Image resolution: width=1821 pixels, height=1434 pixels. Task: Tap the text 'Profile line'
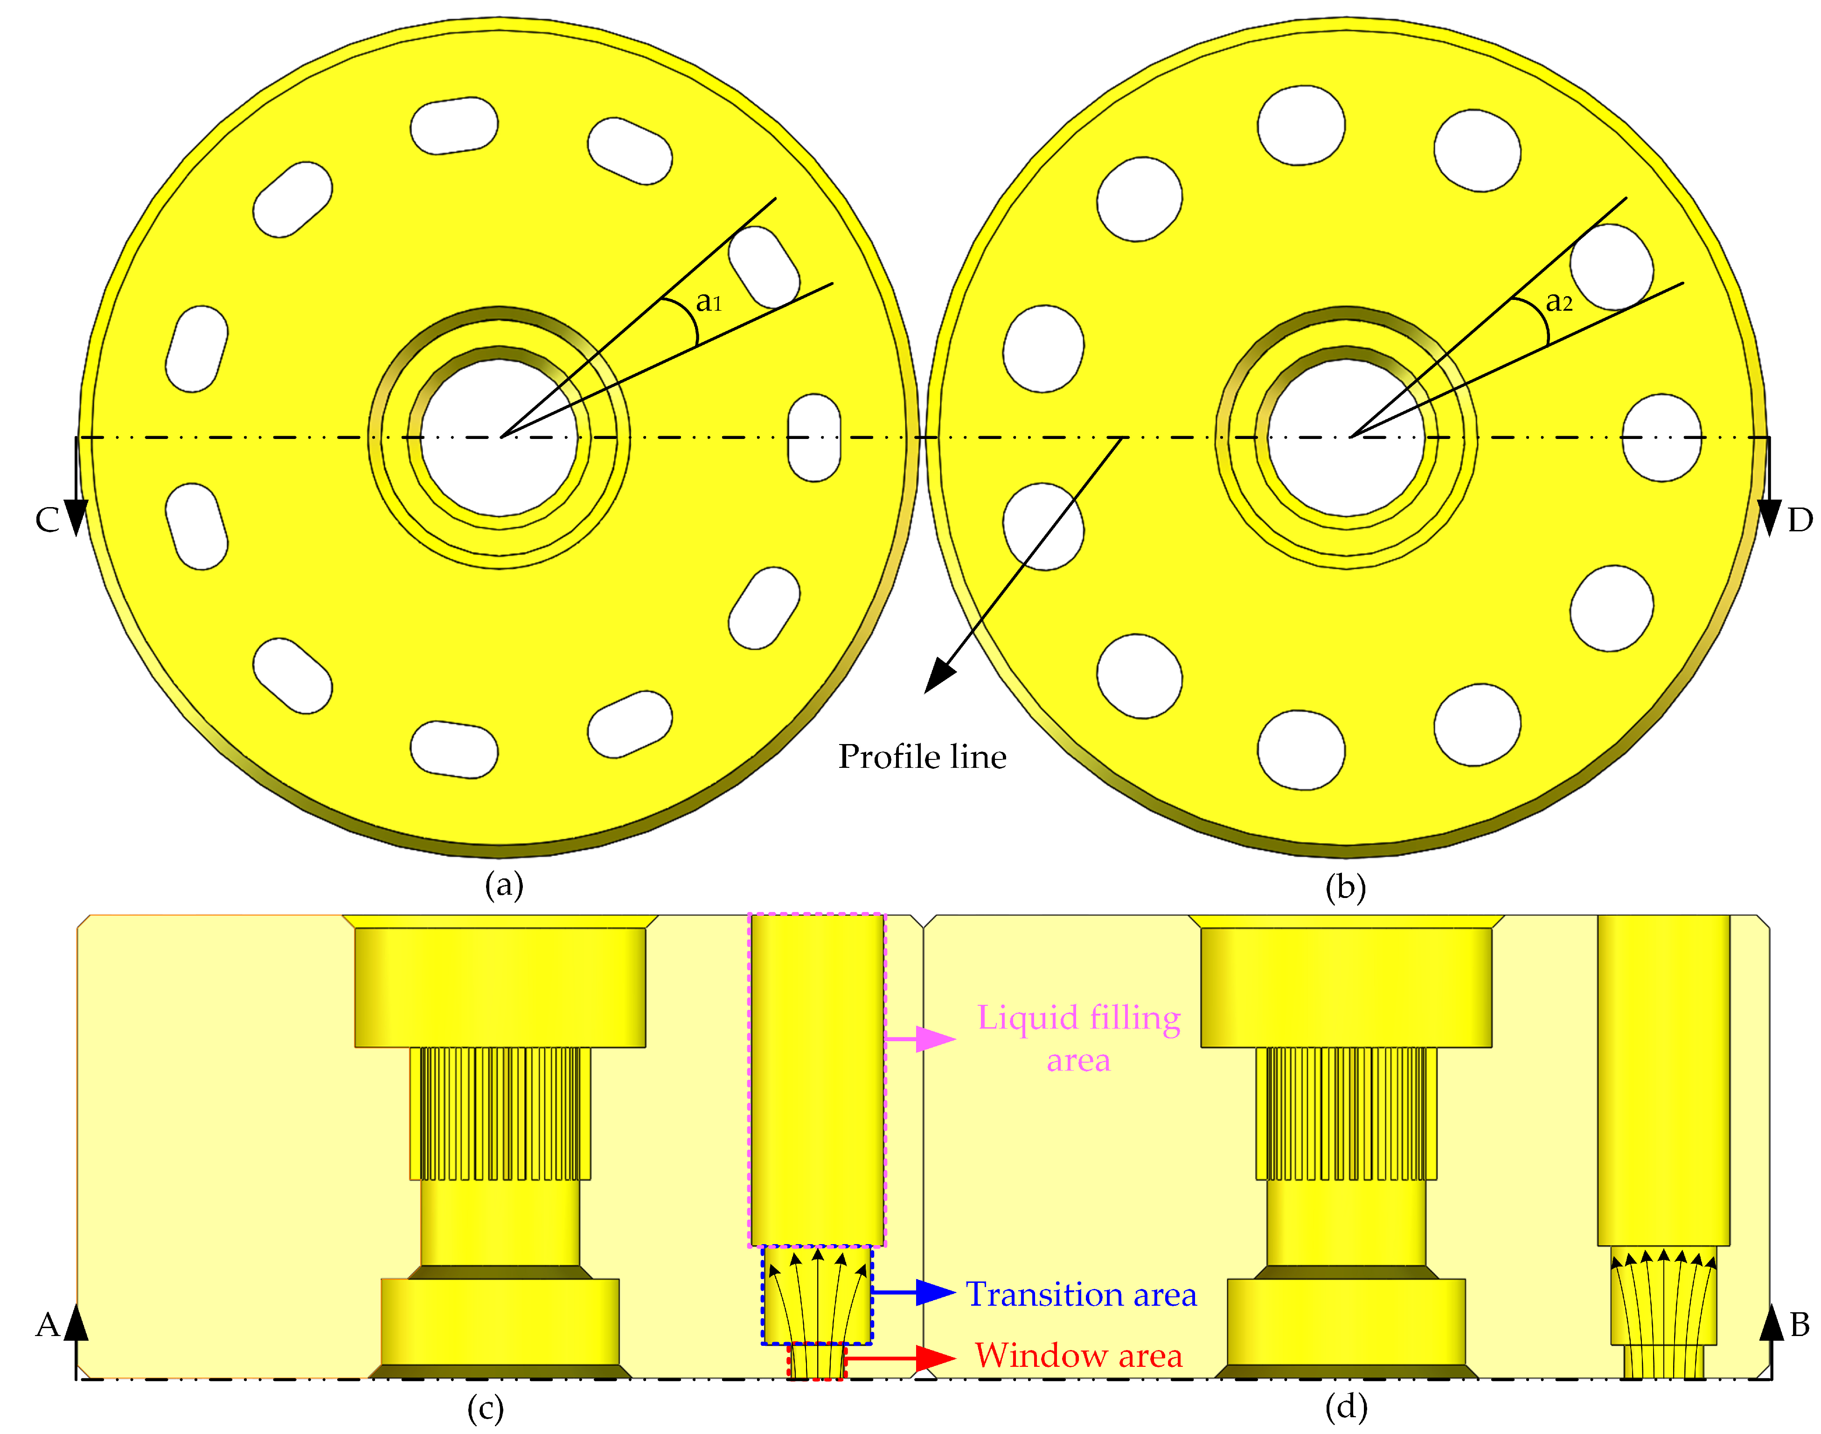(922, 757)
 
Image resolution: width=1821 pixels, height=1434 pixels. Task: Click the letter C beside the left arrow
(47, 520)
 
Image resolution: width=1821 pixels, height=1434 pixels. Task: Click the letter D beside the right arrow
(1799, 520)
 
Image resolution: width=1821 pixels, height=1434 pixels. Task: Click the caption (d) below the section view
(1345, 1406)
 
